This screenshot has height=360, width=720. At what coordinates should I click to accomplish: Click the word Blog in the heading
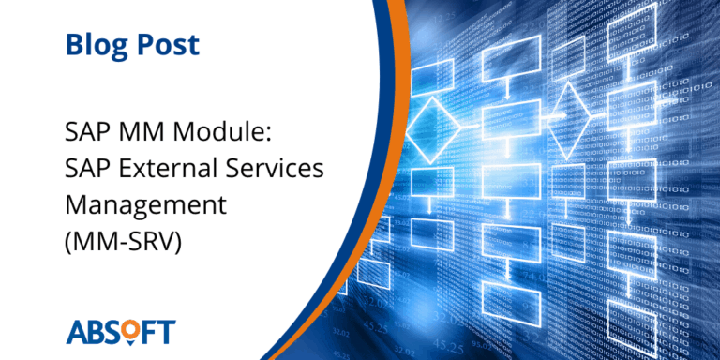97,44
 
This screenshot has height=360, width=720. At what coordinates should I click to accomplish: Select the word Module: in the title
229,130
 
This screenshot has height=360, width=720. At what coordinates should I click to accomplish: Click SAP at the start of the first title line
86,130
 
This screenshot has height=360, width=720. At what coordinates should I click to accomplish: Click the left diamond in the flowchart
433,124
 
